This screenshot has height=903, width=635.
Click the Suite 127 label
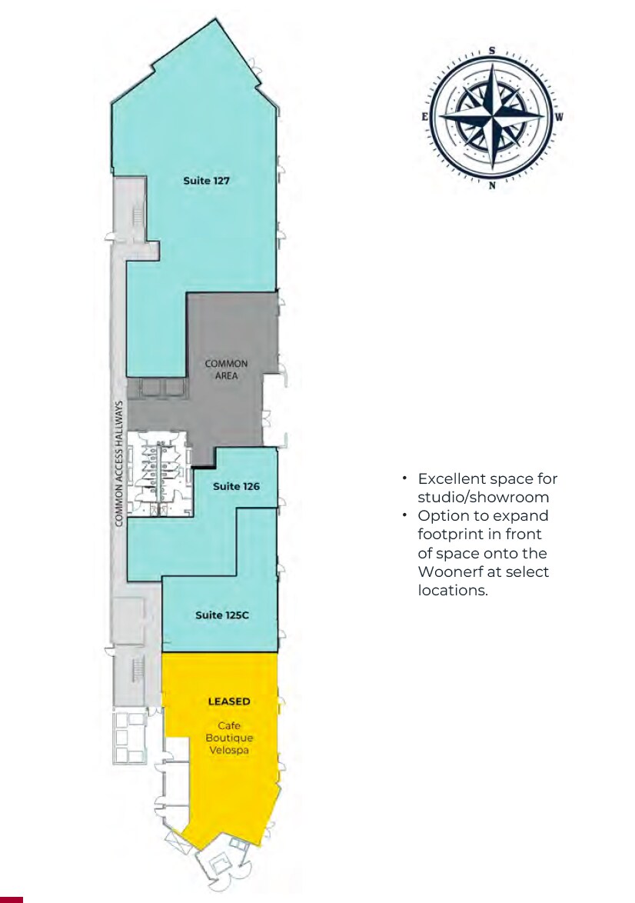coord(207,181)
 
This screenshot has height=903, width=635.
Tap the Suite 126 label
coord(236,486)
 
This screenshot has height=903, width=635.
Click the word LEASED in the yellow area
coord(229,701)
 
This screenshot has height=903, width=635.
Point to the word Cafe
coord(229,725)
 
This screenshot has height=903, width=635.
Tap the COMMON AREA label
coord(226,370)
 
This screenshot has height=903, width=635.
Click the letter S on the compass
coord(491,51)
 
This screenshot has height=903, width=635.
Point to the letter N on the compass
coord(491,185)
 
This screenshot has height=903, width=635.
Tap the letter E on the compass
coord(424,118)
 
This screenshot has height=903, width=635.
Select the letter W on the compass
coord(560,118)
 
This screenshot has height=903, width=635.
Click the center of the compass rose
coord(491,118)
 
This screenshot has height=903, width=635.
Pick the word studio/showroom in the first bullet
coord(484,498)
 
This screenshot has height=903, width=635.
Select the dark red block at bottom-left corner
coord(12,899)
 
